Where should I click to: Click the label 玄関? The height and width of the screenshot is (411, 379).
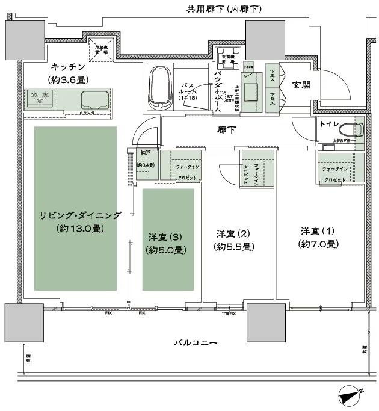tap(301, 85)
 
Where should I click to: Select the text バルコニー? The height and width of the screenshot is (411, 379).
tap(196, 343)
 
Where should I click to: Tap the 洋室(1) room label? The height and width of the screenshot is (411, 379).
tap(318, 231)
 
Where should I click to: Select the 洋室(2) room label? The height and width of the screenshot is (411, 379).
tap(233, 233)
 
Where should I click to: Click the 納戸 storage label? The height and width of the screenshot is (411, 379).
tap(144, 153)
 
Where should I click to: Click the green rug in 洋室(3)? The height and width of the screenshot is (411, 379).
tap(168, 239)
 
